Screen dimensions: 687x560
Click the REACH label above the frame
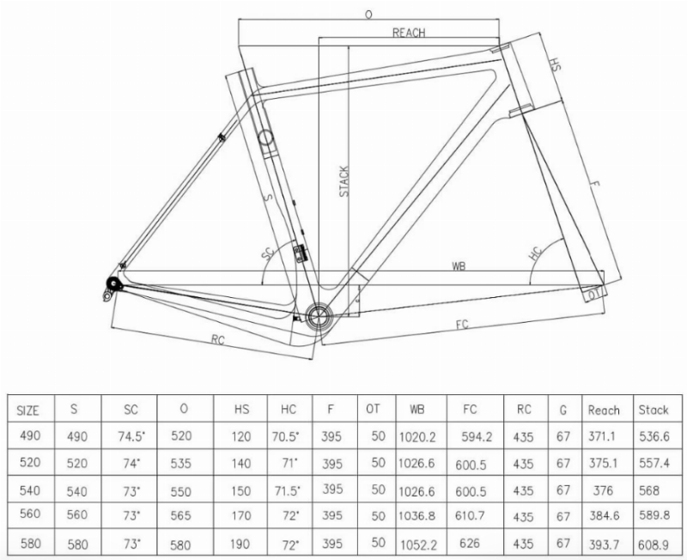pos(409,33)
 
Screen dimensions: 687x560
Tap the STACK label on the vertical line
pos(344,181)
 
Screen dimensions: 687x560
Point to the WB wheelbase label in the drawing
pos(459,266)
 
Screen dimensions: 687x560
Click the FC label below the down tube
pos(462,325)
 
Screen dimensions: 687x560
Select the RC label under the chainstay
pos(218,339)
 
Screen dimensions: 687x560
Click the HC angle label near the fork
pos(536,253)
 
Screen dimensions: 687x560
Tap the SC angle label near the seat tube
pos(268,253)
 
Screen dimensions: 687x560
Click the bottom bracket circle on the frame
pos(320,315)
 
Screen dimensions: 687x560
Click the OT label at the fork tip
pos(594,295)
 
